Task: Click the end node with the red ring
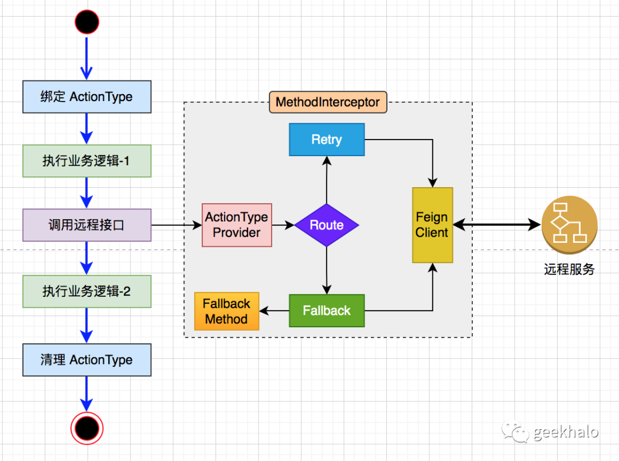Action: (x=87, y=428)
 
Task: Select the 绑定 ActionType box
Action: (x=87, y=96)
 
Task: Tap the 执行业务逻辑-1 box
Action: (x=87, y=161)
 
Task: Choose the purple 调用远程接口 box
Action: (x=87, y=225)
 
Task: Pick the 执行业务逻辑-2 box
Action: (x=87, y=291)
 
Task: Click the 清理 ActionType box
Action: (x=87, y=360)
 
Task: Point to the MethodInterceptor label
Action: (x=328, y=102)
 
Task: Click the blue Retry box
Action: (x=327, y=140)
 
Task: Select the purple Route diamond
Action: (x=327, y=225)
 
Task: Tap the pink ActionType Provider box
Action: (x=237, y=225)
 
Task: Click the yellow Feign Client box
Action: (x=432, y=225)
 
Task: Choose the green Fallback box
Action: (x=327, y=311)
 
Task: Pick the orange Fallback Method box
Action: (x=226, y=311)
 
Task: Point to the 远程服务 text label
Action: (x=569, y=269)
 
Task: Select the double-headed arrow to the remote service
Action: (x=497, y=225)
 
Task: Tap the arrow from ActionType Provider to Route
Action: (x=283, y=225)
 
